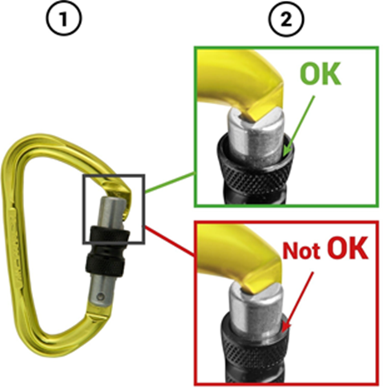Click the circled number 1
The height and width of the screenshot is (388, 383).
(64, 18)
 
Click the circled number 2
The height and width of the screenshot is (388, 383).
(286, 19)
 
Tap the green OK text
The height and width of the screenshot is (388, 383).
(321, 73)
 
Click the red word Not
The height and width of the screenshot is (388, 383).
(301, 251)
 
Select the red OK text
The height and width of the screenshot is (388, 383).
(347, 248)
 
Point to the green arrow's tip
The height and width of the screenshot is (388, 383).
(284, 156)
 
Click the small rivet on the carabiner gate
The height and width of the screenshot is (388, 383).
(100, 297)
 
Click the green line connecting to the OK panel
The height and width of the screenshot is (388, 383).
(170, 183)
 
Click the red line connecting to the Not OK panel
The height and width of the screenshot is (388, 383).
(170, 241)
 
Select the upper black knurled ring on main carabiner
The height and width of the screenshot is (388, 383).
(110, 235)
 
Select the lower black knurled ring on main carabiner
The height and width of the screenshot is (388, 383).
(105, 264)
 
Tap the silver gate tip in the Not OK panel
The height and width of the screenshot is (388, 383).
(256, 307)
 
